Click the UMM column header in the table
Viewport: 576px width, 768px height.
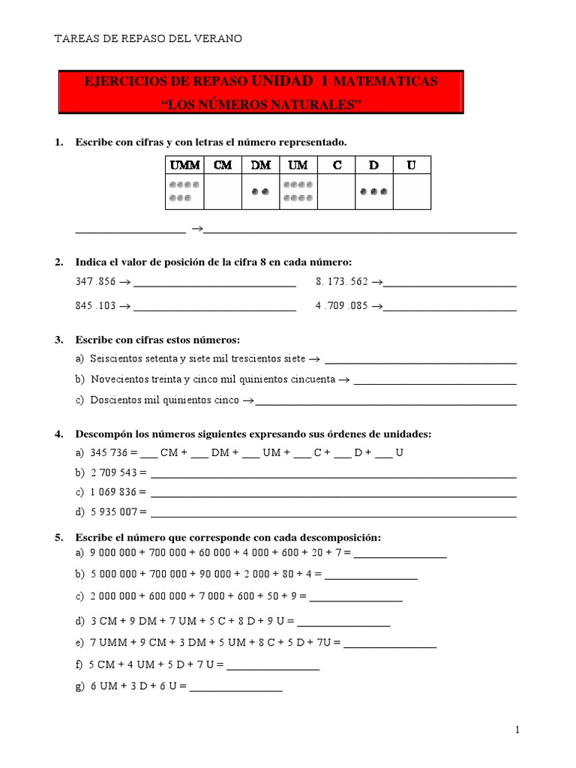184,165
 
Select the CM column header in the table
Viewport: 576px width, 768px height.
223,165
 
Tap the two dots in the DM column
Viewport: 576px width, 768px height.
260,191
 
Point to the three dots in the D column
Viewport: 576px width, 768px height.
373,191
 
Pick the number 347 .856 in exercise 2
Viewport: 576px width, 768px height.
96,283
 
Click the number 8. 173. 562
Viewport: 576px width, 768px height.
343,283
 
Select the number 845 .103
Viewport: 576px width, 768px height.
96,306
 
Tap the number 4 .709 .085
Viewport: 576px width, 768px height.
343,306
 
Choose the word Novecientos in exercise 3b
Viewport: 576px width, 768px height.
117,379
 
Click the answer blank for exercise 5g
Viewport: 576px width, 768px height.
236,686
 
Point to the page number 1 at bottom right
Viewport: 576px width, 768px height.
517,730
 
